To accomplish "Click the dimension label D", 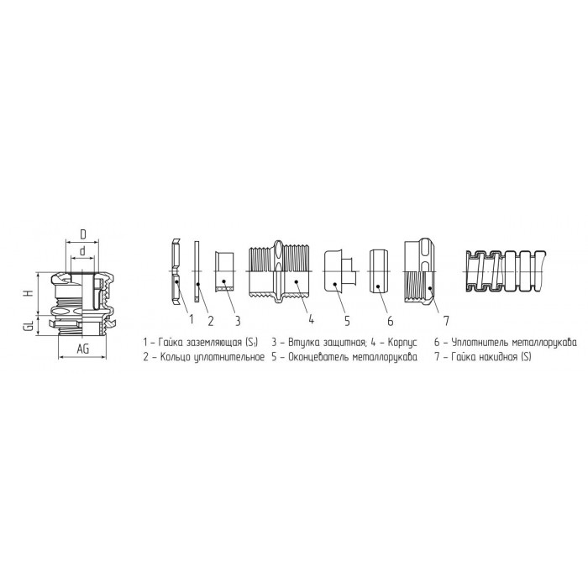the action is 83,234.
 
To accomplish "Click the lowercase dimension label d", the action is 82,251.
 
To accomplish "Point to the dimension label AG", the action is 83,349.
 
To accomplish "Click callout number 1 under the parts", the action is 192,319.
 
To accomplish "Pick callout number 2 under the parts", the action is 211,321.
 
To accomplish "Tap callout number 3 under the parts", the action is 238,321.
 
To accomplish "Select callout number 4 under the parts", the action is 311,319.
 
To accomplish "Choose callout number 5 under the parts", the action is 347,321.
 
